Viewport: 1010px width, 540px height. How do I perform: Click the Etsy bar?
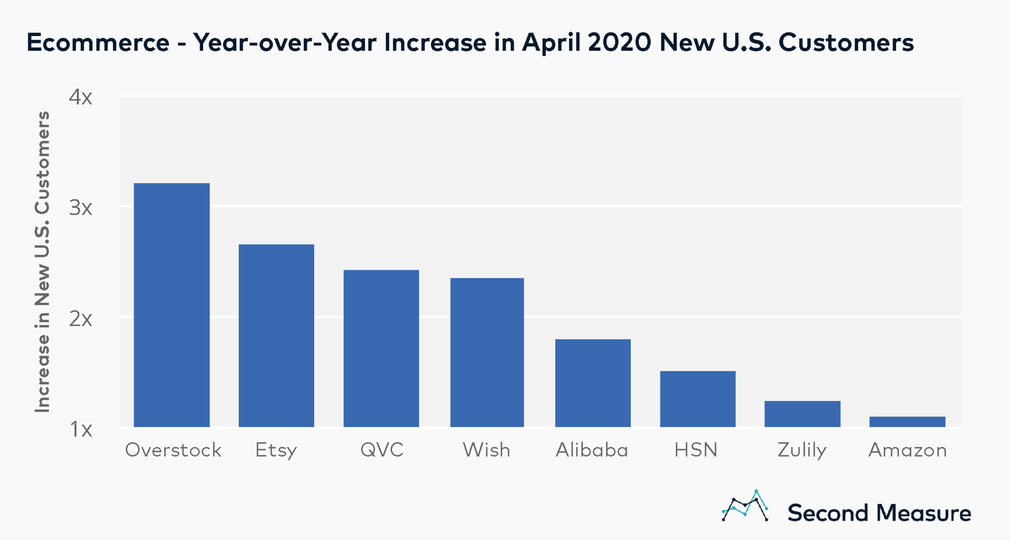point(276,335)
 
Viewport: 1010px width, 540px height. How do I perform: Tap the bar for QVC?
point(381,348)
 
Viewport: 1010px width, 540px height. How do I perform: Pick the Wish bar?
point(487,352)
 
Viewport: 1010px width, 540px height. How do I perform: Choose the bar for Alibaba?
point(593,383)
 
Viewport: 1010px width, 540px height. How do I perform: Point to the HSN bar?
point(697,398)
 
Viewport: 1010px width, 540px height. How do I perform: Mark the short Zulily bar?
point(802,414)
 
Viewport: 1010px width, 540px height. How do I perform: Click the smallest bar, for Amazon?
point(907,422)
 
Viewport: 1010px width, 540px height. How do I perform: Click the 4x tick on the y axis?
point(80,97)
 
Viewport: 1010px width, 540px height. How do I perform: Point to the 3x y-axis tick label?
point(80,208)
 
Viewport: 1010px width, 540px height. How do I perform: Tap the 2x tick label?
point(80,319)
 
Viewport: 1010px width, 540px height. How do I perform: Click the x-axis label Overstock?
point(173,450)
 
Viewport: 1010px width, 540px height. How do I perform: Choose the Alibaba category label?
point(592,450)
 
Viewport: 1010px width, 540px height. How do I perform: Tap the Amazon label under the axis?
point(907,450)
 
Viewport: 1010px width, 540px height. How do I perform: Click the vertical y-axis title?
point(42,261)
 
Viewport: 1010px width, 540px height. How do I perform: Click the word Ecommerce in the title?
point(98,42)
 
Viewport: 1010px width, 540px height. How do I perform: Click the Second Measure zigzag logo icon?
point(745,506)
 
